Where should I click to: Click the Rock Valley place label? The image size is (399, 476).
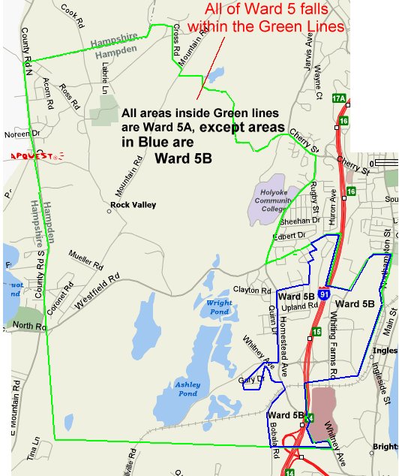[x=130, y=204]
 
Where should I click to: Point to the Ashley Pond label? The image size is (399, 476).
[x=187, y=388]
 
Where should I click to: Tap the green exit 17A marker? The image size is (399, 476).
[x=339, y=98]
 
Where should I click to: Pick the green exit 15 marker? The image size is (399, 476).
[x=316, y=331]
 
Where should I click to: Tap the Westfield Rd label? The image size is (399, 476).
[x=97, y=291]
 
